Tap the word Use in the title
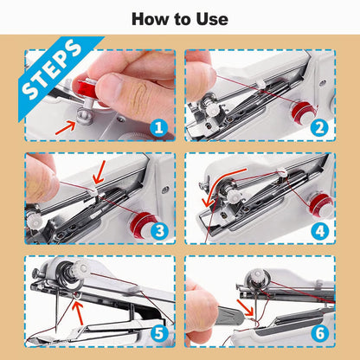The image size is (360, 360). (210, 19)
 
